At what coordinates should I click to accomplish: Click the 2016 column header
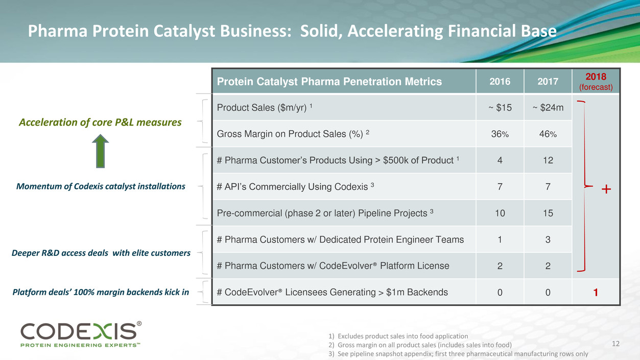point(500,81)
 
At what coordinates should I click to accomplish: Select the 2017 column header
point(548,81)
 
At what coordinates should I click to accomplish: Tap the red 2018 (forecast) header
point(596,81)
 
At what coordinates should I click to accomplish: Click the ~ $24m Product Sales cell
point(548,108)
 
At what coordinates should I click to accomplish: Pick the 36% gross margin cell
point(500,134)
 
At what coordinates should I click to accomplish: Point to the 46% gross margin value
point(548,134)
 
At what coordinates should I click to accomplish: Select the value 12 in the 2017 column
point(548,160)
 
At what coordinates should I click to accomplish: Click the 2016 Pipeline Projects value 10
point(500,213)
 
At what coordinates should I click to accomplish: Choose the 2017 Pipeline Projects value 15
point(548,213)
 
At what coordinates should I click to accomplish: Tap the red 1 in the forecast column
point(596,292)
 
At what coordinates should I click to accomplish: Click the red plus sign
point(606,189)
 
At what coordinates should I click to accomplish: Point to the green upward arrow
point(100,151)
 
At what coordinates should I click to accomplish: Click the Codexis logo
point(81,334)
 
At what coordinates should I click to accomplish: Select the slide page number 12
point(615,344)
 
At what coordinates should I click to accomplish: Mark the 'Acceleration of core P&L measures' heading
point(100,122)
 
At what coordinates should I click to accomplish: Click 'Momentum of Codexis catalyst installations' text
point(101,186)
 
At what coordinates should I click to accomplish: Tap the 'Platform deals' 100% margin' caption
point(101,292)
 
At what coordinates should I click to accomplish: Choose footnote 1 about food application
point(398,336)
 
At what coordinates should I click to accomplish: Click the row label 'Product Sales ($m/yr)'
point(265,108)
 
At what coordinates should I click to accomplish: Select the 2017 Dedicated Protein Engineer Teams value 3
point(548,239)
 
